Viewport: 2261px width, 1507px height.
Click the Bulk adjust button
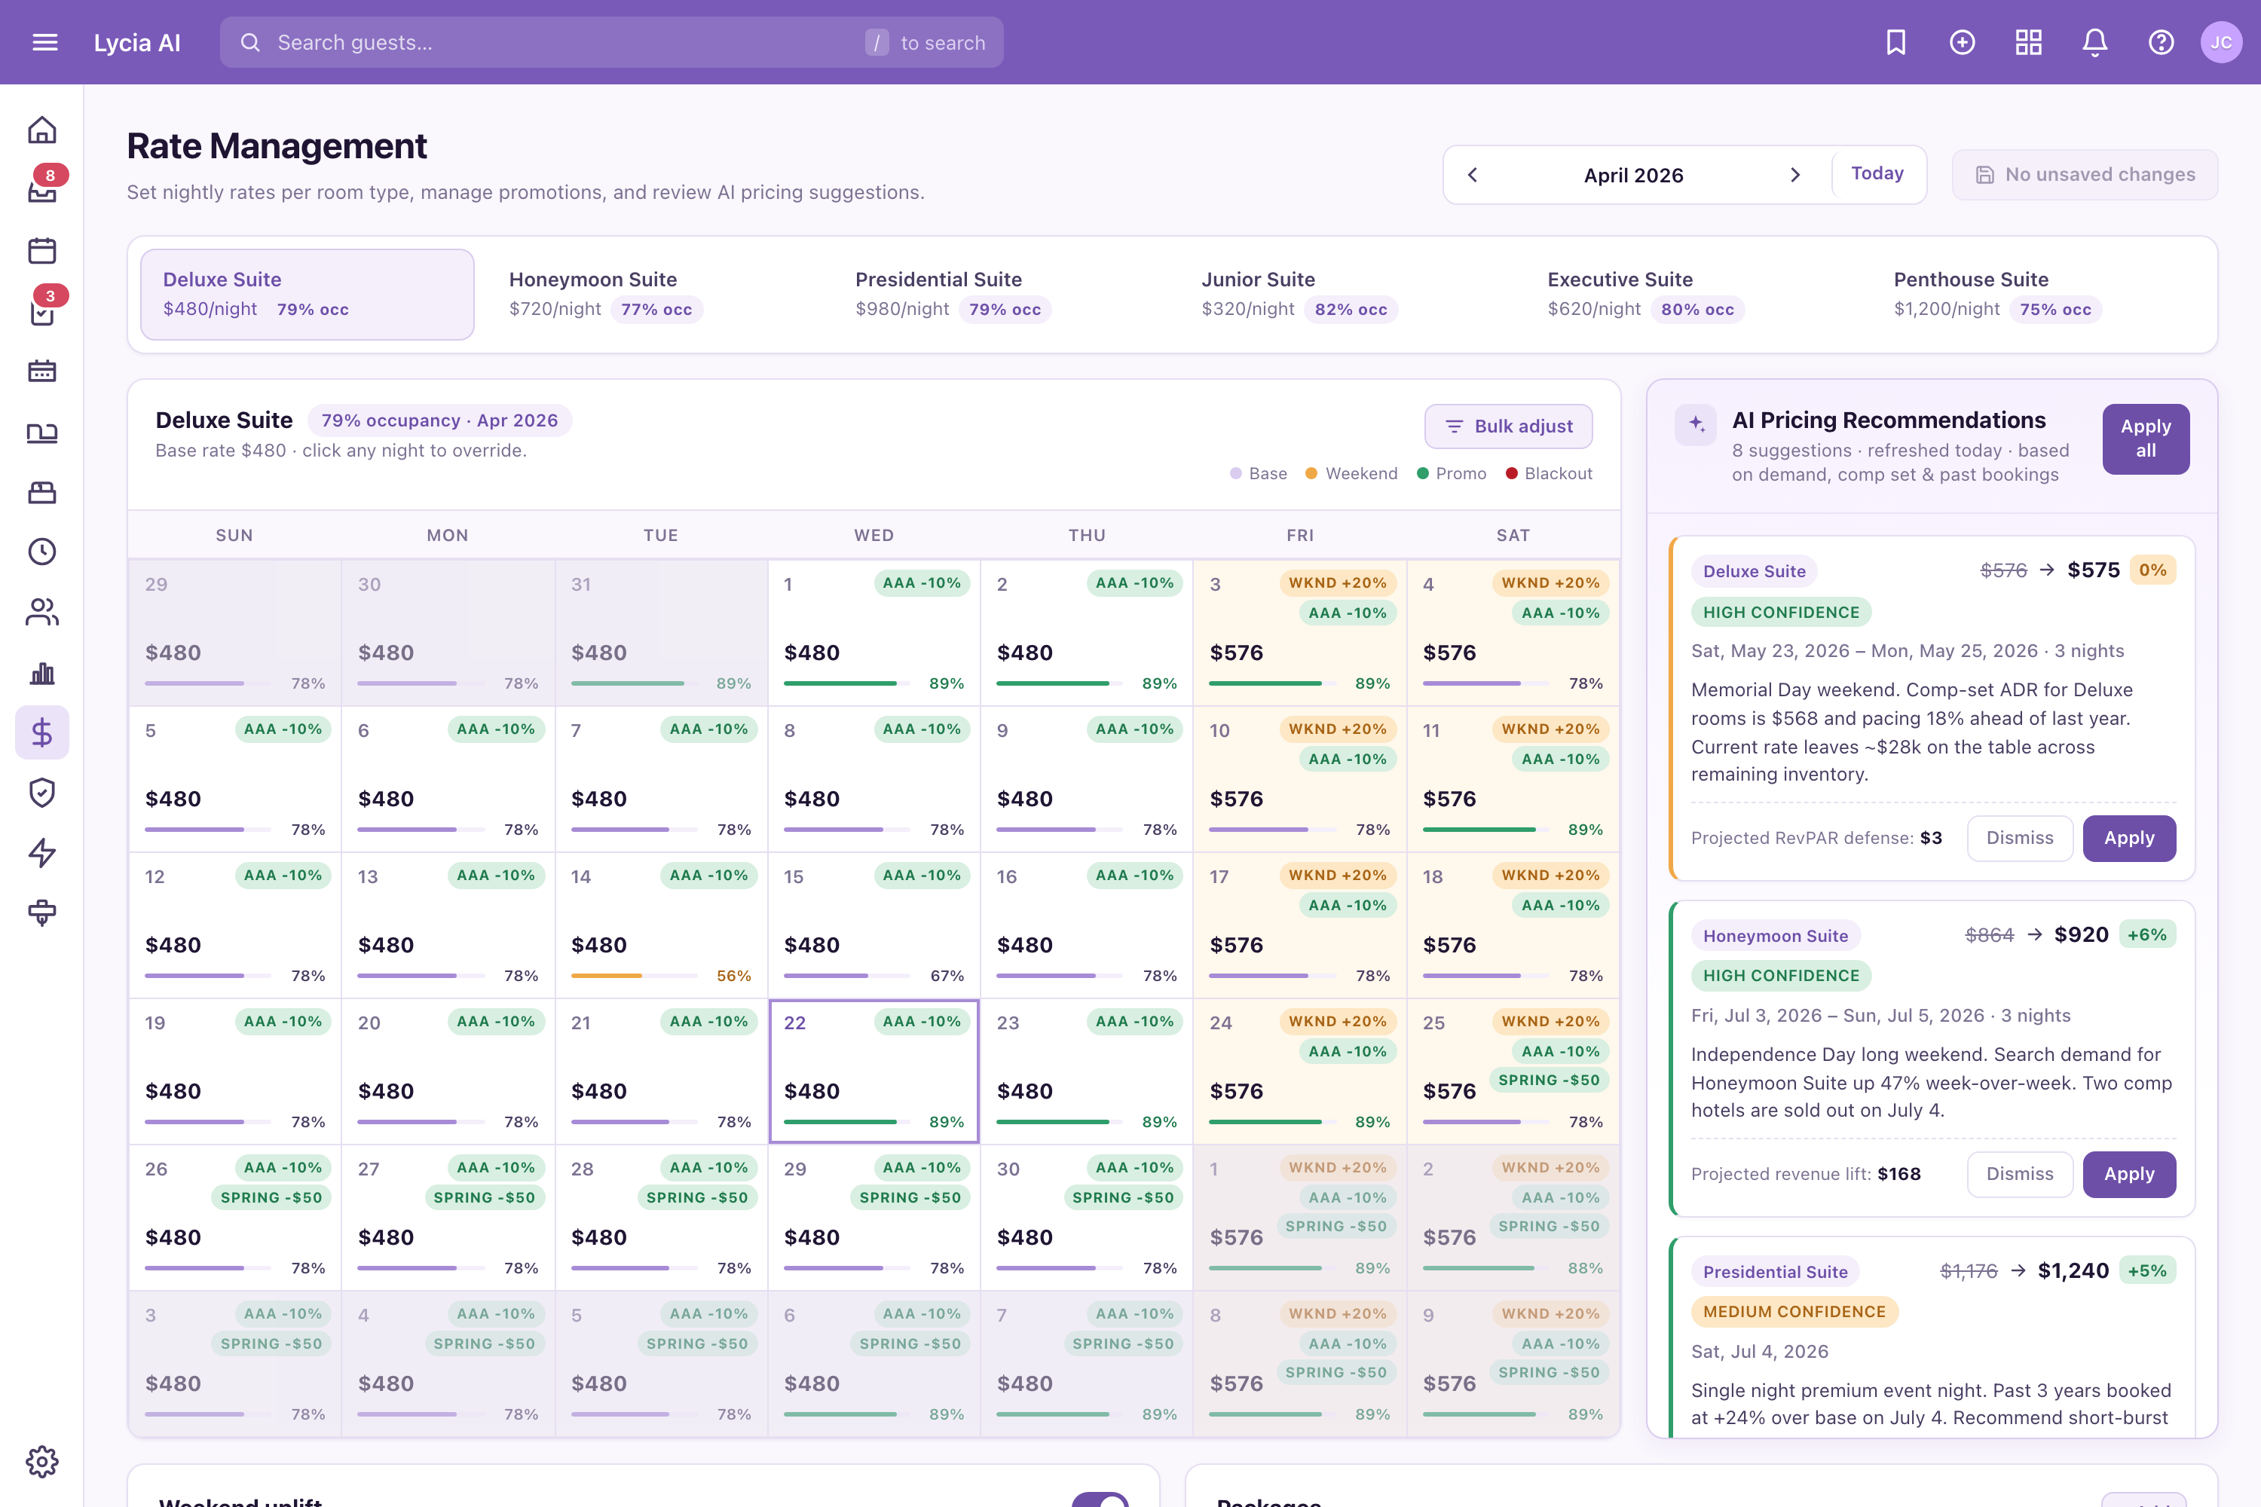[x=1507, y=426]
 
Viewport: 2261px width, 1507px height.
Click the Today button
[x=1877, y=173]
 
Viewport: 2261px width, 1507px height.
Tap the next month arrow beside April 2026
[x=1794, y=175]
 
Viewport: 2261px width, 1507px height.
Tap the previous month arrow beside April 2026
[x=1473, y=175]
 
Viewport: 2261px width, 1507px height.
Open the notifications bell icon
[x=2094, y=42]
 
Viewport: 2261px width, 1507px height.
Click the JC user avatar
[x=2220, y=42]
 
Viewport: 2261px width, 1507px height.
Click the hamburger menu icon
[x=45, y=42]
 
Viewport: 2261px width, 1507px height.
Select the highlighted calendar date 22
[x=873, y=1071]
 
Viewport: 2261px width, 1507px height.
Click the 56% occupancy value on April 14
[x=733, y=976]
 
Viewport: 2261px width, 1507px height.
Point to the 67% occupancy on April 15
[x=947, y=976]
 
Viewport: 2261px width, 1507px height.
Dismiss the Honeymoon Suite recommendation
[x=2020, y=1173]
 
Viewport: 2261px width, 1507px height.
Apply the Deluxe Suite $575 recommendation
[x=2128, y=838]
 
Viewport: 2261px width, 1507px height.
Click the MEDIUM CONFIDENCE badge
[x=1794, y=1312]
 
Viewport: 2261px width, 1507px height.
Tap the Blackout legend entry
[x=1549, y=474]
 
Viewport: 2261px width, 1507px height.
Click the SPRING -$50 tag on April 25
[x=1549, y=1081]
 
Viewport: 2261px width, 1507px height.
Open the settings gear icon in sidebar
[x=42, y=1462]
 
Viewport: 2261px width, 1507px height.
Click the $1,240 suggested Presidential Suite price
[x=2073, y=1270]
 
